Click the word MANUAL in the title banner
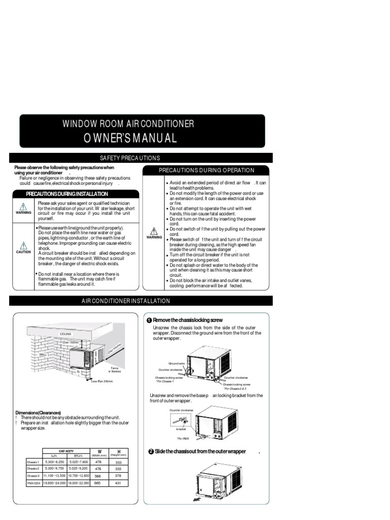[152, 138]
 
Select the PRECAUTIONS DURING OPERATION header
[207, 171]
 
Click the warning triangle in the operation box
[154, 231]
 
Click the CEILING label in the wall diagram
[66, 334]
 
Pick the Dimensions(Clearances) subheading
[38, 412]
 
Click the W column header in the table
[99, 450]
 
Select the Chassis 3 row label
[33, 476]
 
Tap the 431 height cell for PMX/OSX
[119, 483]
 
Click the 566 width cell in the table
[99, 476]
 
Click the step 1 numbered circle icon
[149, 320]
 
